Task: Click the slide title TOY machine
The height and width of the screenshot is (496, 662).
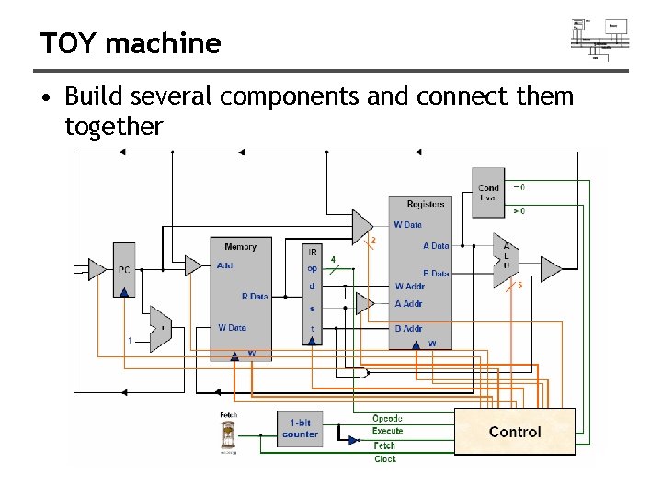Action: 131,43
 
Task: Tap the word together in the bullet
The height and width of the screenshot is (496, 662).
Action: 114,127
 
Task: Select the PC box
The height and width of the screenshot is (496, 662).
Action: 124,270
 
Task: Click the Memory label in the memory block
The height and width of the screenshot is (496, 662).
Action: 240,246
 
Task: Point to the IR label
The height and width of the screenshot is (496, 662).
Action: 313,252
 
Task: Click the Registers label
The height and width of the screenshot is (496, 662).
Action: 425,204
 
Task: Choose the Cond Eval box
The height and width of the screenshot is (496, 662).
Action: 488,193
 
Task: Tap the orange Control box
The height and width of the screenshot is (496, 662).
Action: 515,432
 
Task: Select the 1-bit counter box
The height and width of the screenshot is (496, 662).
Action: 300,429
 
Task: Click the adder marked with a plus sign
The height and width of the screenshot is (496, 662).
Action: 160,326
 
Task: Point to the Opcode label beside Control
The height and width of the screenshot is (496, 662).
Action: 387,419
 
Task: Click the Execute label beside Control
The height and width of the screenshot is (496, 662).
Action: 387,432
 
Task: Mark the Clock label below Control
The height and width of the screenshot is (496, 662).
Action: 385,458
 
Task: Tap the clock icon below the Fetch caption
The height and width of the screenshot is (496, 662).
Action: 228,437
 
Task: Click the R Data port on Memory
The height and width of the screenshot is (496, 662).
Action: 255,297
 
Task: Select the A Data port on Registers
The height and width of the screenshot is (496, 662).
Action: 436,246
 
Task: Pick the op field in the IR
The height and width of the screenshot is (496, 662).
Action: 313,269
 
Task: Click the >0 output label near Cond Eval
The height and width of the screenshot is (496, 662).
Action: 519,211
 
